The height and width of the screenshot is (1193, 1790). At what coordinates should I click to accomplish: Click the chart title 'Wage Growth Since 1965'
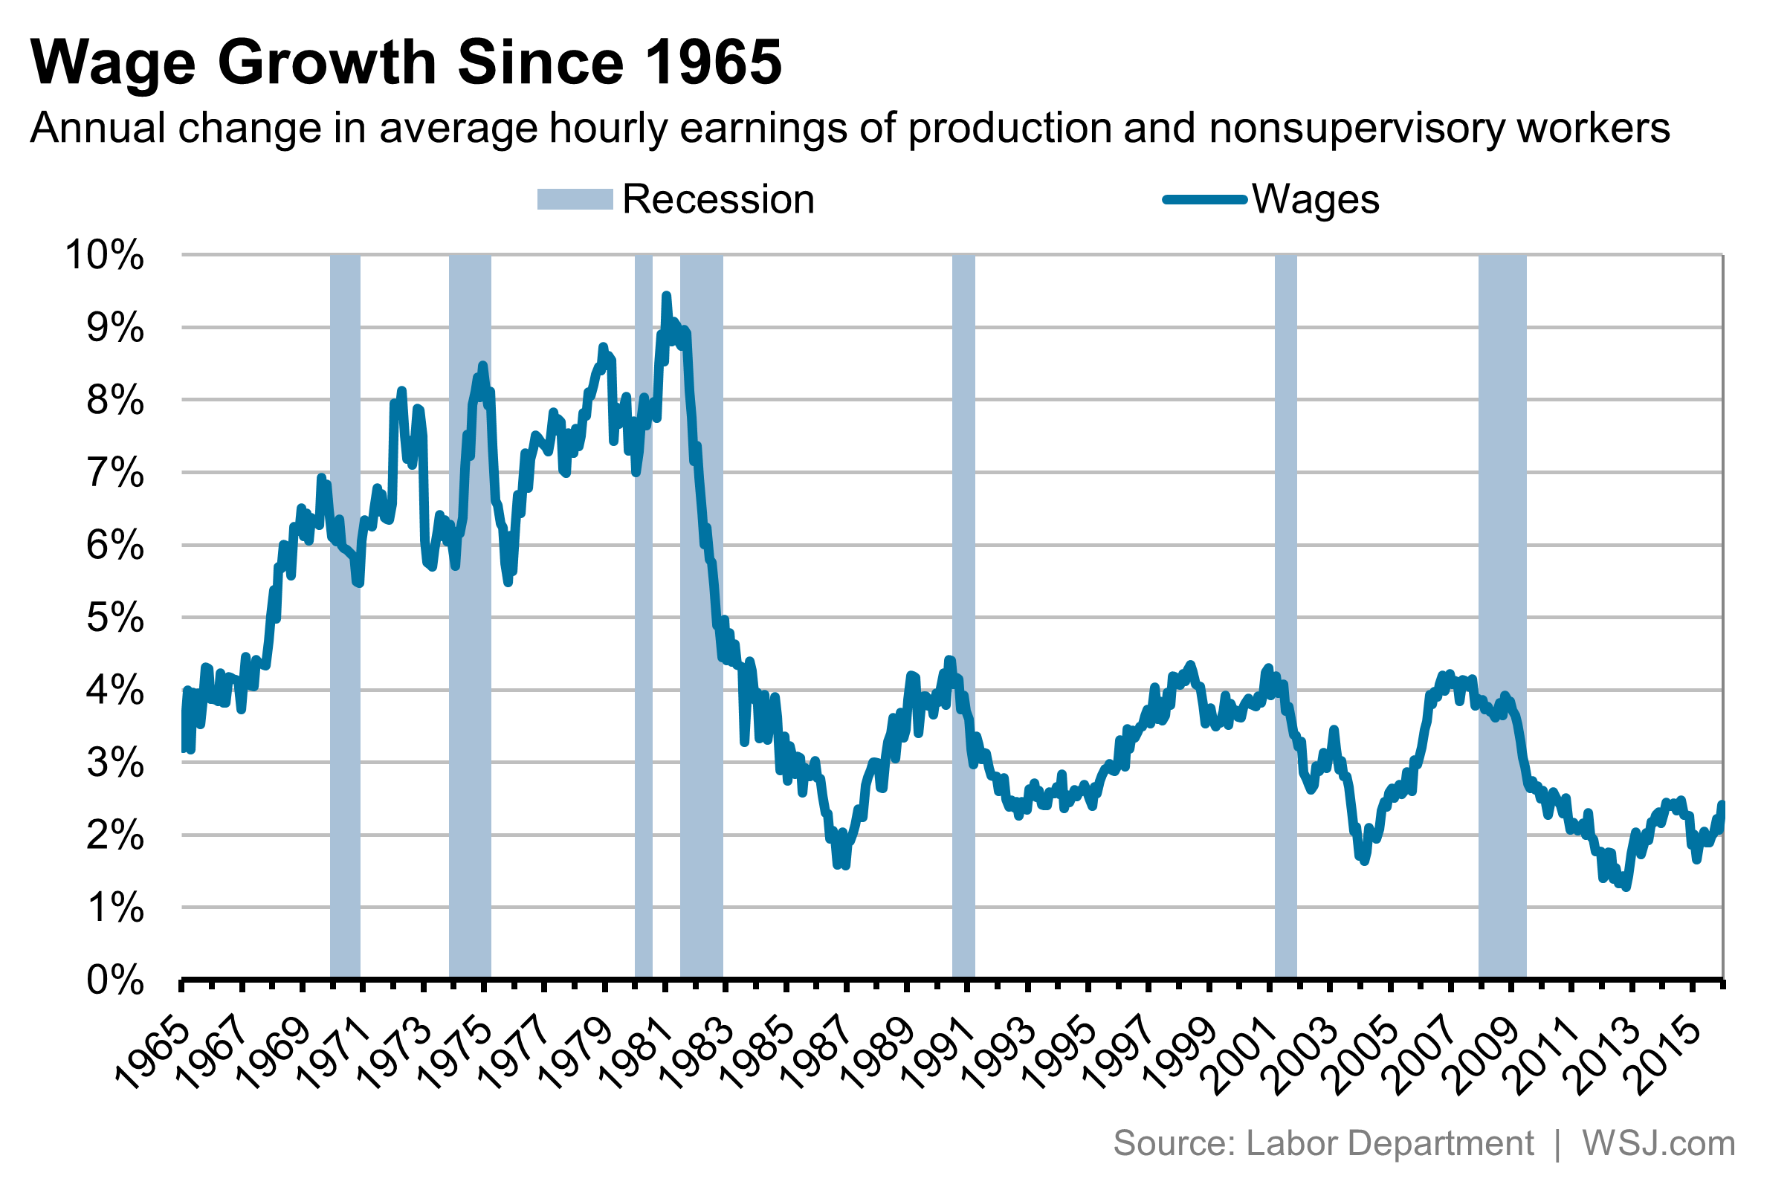pyautogui.click(x=405, y=62)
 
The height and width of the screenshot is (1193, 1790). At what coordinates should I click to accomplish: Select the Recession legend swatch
pyautogui.click(x=575, y=199)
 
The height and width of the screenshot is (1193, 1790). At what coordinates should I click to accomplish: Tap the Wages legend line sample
pyautogui.click(x=1204, y=200)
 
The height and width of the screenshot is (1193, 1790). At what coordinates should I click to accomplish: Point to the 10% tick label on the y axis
pyautogui.click(x=105, y=255)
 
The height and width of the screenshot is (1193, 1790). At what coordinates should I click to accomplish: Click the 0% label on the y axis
pyautogui.click(x=115, y=980)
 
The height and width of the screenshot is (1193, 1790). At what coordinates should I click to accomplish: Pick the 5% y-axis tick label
pyautogui.click(x=115, y=618)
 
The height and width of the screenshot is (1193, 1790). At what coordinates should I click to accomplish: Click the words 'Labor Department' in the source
pyautogui.click(x=1389, y=1143)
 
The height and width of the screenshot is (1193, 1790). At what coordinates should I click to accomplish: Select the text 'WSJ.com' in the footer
pyautogui.click(x=1658, y=1143)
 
